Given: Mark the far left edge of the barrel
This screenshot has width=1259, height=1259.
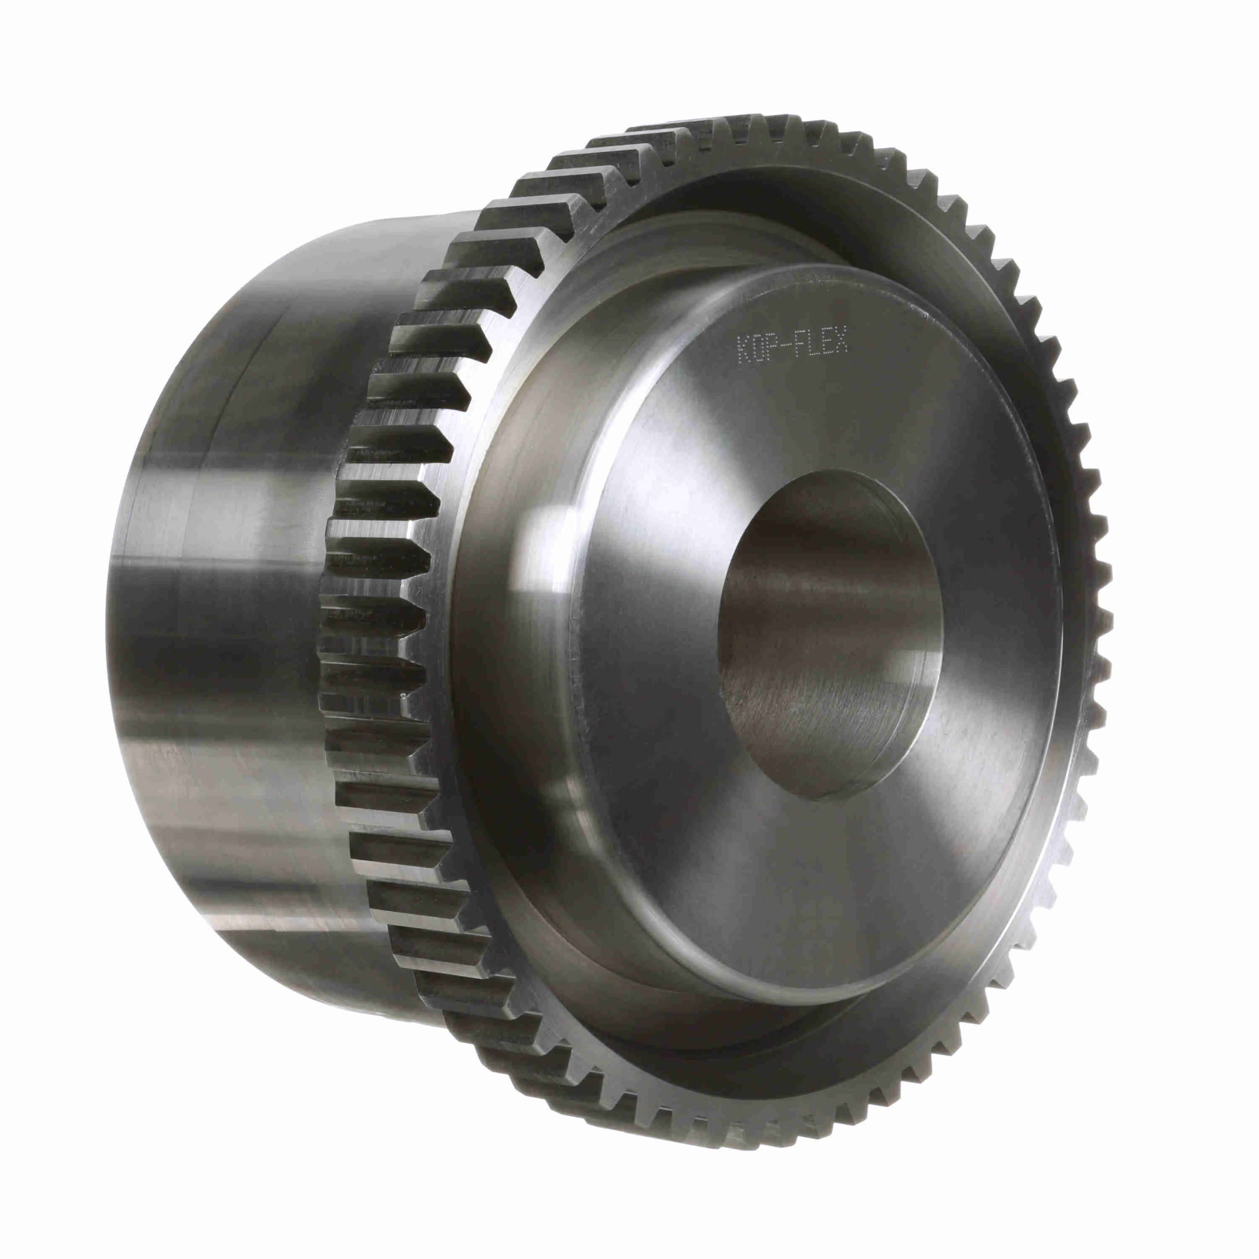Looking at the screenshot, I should (111, 619).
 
